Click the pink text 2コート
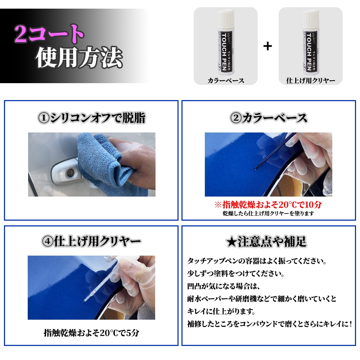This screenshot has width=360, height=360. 49,35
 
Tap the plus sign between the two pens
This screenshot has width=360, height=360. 267,46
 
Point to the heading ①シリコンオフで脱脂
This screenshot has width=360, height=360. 91,118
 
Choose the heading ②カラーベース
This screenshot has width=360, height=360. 269,118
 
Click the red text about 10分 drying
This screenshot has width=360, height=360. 268,205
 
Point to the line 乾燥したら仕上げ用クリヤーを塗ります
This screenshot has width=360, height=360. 268,213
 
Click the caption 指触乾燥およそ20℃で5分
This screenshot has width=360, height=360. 91,333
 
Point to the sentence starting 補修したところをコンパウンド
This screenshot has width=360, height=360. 269,324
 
